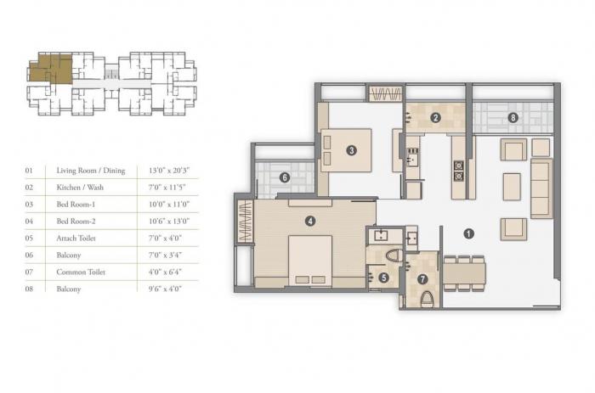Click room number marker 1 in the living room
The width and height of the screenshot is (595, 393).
467,233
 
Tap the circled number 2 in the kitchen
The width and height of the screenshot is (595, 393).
434,117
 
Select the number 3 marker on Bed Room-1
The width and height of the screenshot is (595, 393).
350,151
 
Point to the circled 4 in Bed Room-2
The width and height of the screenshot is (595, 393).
310,222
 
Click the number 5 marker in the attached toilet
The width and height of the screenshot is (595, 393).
384,277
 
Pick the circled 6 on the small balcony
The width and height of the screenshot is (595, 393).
285,177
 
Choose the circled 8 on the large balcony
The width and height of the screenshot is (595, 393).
512,117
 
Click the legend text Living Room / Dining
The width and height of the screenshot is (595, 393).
90,171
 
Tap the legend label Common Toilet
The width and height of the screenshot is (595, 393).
81,272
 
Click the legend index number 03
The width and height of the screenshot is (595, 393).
29,205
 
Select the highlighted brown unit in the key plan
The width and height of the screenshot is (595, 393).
51,68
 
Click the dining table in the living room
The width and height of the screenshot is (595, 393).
463,272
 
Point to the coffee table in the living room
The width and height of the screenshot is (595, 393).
512,186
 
